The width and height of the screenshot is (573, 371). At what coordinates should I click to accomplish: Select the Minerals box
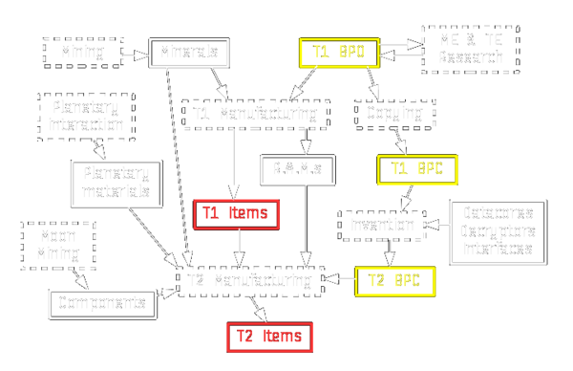189,52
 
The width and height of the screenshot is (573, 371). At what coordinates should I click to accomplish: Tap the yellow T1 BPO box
339,52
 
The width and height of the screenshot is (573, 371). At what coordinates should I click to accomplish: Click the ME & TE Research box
470,50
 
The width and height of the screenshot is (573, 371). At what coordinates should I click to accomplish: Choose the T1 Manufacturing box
255,115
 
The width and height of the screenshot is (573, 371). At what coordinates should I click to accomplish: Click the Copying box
394,115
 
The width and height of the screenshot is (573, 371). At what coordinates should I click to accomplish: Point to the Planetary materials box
117,183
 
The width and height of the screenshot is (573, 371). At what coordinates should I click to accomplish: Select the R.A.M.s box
297,169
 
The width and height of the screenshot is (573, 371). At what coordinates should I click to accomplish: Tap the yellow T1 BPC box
417,169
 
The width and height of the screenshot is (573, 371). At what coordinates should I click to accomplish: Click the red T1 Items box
237,214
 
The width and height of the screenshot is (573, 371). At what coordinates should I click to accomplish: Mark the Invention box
381,226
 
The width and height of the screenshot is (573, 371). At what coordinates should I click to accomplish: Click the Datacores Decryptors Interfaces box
498,232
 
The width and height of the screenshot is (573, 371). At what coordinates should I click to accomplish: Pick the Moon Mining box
58,245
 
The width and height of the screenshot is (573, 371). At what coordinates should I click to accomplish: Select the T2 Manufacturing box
251,281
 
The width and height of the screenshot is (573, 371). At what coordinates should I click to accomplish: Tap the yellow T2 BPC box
394,281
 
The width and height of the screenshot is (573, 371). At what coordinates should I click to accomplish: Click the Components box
102,304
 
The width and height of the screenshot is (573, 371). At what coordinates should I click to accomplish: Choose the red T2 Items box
269,337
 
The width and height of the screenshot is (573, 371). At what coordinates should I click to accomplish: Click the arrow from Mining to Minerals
136,52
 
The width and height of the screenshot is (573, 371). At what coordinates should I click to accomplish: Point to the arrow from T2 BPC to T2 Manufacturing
340,281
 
